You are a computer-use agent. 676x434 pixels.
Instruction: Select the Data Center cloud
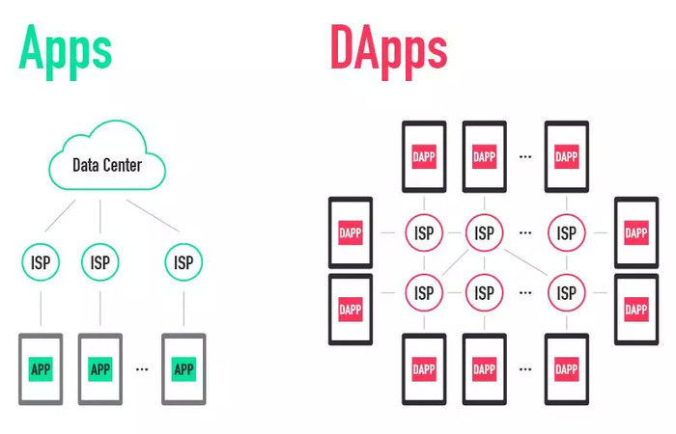(x=106, y=163)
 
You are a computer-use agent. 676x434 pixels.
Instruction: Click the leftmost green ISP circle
(x=41, y=261)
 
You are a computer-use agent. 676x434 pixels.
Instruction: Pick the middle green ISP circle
(x=99, y=261)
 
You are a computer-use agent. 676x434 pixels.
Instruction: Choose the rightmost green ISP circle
(x=183, y=261)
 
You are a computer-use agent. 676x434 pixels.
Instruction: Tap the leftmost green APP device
(x=41, y=367)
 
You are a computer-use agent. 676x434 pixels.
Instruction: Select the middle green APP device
(x=99, y=367)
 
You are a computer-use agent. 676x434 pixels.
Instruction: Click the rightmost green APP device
(x=183, y=367)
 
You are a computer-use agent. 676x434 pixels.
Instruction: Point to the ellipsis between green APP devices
(x=142, y=368)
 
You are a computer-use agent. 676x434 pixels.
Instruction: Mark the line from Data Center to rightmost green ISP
(x=154, y=216)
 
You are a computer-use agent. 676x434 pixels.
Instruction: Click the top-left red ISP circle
(x=423, y=232)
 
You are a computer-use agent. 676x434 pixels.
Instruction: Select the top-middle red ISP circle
(x=484, y=232)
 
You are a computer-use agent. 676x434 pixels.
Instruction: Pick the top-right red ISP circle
(x=566, y=232)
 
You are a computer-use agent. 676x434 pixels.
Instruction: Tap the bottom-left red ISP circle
(x=423, y=291)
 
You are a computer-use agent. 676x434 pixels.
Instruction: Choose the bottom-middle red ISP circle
(x=484, y=291)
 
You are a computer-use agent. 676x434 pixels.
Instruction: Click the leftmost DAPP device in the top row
(x=423, y=155)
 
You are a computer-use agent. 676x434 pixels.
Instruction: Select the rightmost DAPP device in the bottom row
(x=566, y=368)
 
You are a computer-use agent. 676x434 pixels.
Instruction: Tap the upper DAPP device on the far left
(x=351, y=232)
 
